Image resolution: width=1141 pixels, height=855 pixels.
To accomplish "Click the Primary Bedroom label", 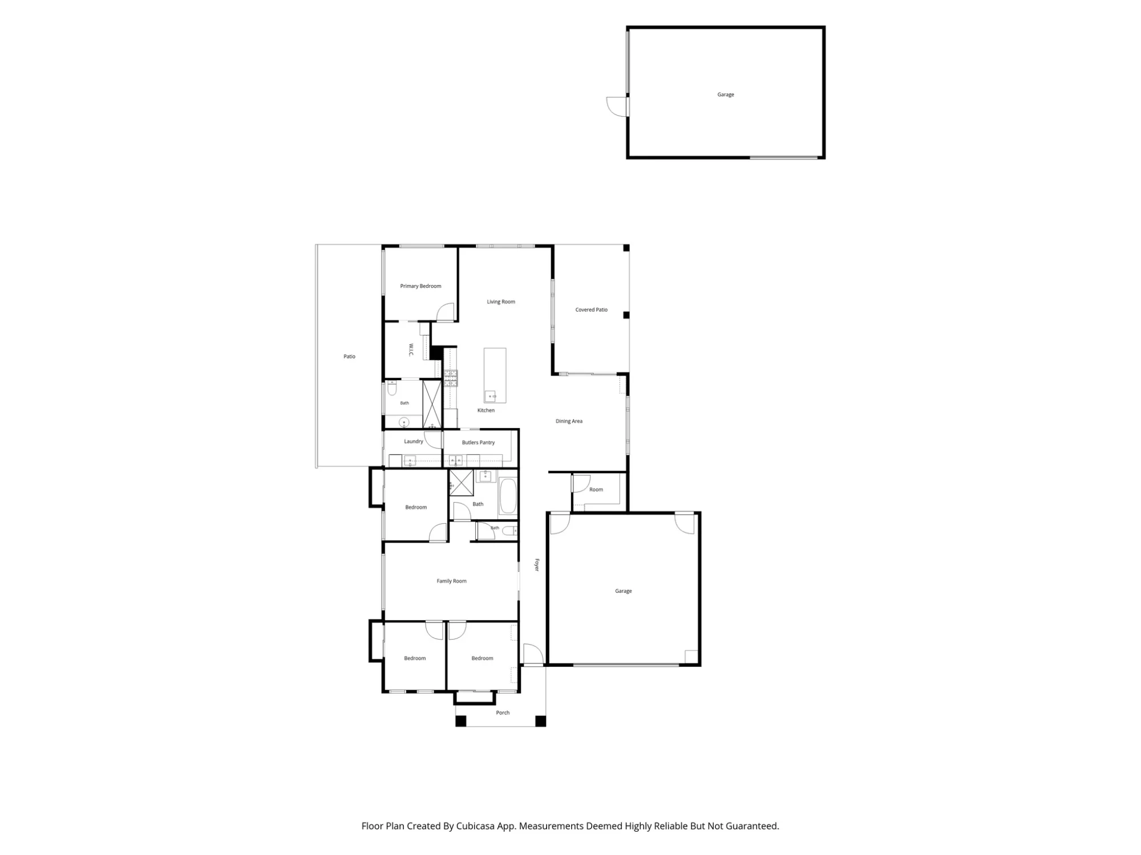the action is click(420, 286).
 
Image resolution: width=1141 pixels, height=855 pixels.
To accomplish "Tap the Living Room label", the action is click(501, 302).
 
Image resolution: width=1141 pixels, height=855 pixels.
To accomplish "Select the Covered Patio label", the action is click(591, 310).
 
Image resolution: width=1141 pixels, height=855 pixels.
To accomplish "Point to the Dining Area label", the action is click(569, 421).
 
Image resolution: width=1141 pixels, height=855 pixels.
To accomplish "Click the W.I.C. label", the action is click(411, 350).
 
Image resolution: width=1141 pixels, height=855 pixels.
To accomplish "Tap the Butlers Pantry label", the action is click(478, 442).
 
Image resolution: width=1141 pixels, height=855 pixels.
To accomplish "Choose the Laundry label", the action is click(414, 441).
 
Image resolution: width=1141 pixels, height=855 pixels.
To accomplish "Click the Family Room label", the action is click(451, 581).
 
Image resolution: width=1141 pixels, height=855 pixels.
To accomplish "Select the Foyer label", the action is click(536, 565).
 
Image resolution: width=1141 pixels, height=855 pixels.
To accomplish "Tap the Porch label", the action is click(503, 712).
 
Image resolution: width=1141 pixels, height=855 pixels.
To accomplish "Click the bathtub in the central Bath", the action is click(508, 496).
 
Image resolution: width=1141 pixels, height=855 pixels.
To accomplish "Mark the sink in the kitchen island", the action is click(491, 396).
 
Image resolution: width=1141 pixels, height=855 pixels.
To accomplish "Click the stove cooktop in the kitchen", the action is click(451, 378).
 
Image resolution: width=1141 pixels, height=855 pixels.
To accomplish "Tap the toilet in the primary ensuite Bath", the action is click(392, 389).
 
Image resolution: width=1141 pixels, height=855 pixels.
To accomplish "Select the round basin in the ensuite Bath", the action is click(404, 422).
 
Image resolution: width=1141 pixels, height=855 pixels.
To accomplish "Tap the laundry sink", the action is click(410, 461).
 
